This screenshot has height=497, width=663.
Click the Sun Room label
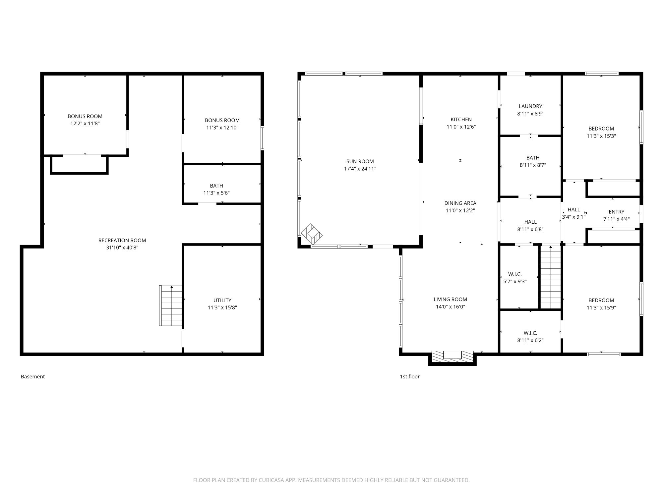coord(360,161)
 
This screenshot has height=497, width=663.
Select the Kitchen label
coord(461,120)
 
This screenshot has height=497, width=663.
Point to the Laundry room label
coord(530,106)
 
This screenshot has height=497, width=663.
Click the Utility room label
coord(222,301)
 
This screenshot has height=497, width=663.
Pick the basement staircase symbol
coord(171,305)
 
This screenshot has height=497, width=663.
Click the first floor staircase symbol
coord(551,277)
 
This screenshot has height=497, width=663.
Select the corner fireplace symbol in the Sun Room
coord(312,234)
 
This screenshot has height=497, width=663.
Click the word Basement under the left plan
coord(33,377)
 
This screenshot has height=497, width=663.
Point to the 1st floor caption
coord(410,377)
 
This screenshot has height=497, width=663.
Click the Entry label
coord(617,212)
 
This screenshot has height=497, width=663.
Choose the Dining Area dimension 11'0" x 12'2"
coord(460,210)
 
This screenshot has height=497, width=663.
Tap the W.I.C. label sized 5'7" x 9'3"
coord(515,274)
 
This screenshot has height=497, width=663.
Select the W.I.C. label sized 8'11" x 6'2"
coord(530,333)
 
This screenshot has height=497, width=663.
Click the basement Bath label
coord(216,186)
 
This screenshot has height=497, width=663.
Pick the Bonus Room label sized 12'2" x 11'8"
coord(85,116)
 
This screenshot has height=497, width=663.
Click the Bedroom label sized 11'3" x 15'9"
coord(601,301)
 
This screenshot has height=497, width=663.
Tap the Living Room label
coord(450,300)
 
